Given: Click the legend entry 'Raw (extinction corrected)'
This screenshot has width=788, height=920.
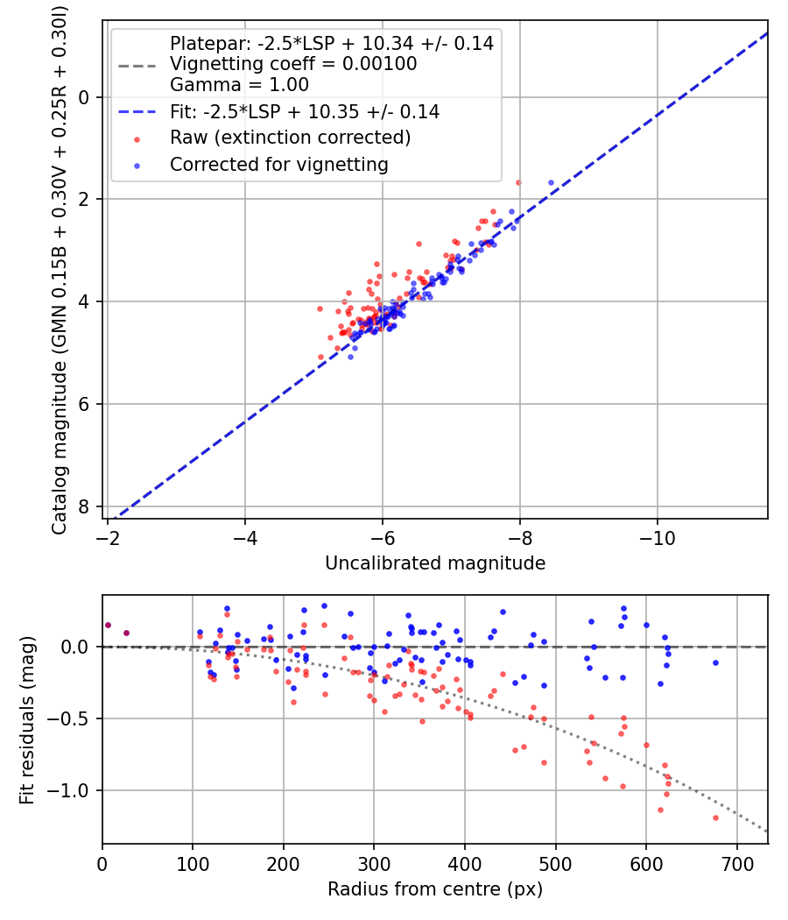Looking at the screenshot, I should [x=289, y=138].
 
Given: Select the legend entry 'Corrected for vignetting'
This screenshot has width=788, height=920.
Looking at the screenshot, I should [x=278, y=164].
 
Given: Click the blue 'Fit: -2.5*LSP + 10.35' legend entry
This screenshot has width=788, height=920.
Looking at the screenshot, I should [x=304, y=112].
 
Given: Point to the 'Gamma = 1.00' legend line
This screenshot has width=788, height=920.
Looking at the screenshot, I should [x=239, y=85].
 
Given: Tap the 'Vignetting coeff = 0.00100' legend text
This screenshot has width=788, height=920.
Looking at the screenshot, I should [x=293, y=64].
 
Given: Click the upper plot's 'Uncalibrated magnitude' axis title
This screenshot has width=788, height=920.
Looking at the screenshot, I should [x=435, y=563].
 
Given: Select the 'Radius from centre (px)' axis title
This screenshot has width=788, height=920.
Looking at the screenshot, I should [x=435, y=889].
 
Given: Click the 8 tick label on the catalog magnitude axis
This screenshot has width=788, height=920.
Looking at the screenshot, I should [x=84, y=506].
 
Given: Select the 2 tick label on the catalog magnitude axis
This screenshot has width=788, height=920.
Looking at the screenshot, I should [x=84, y=199].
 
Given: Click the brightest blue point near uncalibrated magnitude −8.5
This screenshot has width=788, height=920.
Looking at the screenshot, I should [x=551, y=182].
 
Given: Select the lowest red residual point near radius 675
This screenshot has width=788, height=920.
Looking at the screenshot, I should [x=715, y=817].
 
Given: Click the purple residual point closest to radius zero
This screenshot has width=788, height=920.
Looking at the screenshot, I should [x=108, y=625].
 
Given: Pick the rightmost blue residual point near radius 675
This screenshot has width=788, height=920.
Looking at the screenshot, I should [x=715, y=662].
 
